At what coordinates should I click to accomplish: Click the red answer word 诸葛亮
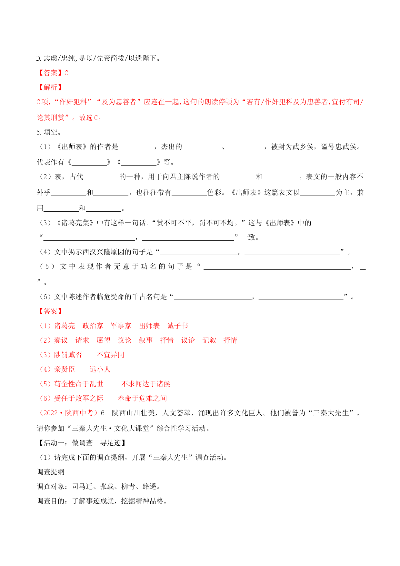click(65, 326)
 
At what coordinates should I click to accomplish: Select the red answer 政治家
click(93, 326)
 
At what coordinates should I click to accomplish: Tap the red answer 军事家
click(121, 326)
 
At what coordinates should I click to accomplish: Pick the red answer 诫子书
click(177, 326)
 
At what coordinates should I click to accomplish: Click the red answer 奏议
click(61, 340)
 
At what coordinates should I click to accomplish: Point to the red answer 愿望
click(104, 340)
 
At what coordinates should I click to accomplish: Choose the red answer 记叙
click(209, 340)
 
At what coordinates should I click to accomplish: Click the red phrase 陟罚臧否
click(68, 355)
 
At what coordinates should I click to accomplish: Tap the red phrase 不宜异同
click(111, 355)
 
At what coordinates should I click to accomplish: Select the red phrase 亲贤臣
click(65, 369)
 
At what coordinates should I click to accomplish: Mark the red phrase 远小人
click(100, 369)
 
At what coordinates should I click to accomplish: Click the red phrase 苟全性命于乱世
click(79, 384)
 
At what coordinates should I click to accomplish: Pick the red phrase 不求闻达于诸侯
click(145, 384)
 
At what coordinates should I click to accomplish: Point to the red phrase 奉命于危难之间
click(142, 399)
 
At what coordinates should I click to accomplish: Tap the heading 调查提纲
click(51, 472)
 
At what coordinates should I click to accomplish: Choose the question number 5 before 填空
click(38, 132)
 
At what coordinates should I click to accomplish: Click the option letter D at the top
click(38, 58)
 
